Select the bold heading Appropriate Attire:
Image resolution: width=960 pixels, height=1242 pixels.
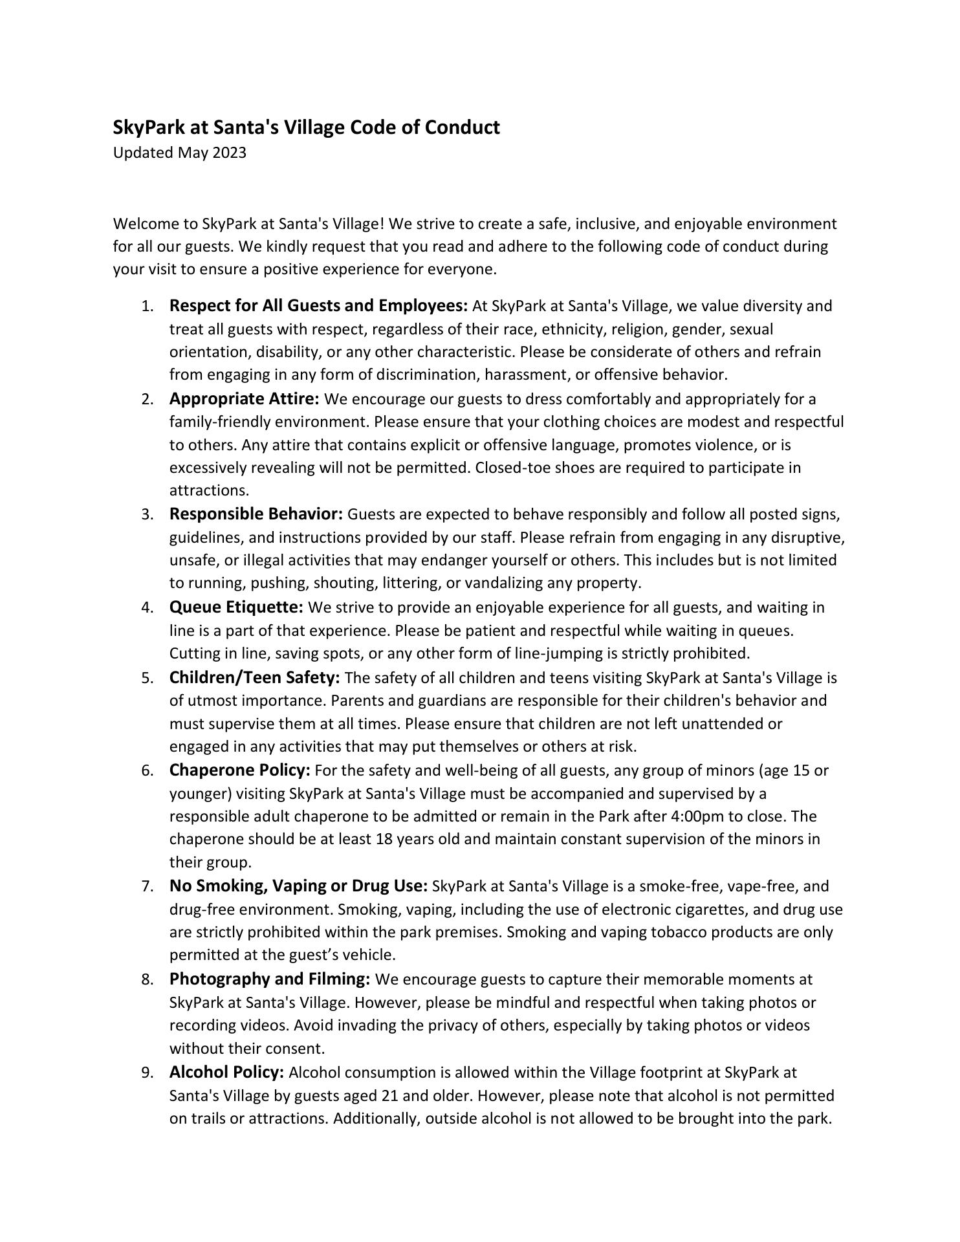tap(244, 398)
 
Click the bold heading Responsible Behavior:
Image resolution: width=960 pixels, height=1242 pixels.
tap(256, 514)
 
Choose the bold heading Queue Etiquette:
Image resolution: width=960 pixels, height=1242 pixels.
tap(236, 607)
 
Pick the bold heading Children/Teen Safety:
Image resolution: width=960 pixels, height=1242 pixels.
tap(254, 678)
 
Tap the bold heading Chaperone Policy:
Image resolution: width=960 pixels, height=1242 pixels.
tap(240, 770)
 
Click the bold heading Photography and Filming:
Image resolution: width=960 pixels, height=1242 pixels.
tap(270, 979)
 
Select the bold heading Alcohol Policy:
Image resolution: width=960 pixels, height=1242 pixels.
tap(226, 1073)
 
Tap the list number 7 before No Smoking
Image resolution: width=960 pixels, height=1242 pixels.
tap(147, 887)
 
